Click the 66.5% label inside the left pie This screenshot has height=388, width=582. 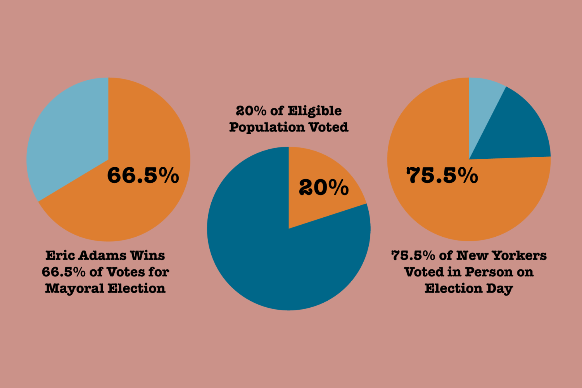click(x=143, y=175)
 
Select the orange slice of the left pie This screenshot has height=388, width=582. click(x=116, y=210)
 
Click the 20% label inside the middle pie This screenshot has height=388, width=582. click(x=323, y=188)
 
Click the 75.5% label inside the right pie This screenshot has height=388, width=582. click(x=442, y=175)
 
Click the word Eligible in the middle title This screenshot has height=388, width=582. click(x=314, y=111)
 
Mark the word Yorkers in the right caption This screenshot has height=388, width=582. click(x=519, y=256)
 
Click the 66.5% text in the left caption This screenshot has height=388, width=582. click(x=64, y=272)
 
